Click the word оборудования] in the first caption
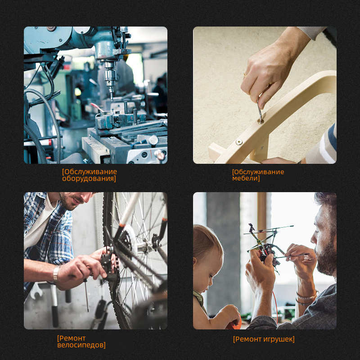(x=89, y=179)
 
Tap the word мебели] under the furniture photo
(x=246, y=178)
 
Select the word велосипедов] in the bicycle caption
(x=81, y=345)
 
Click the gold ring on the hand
(x=245, y=75)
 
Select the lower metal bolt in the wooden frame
(x=239, y=142)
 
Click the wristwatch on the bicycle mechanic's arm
(x=56, y=274)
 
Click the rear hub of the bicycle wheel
(x=144, y=247)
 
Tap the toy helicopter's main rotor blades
(x=269, y=230)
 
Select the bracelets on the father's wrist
(x=306, y=298)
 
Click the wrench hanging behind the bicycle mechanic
(x=36, y=290)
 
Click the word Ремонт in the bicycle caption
(x=71, y=338)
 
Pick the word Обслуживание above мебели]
(x=258, y=172)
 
